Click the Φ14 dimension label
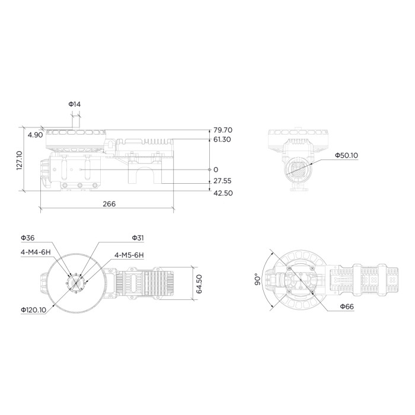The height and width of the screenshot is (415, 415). [74, 104]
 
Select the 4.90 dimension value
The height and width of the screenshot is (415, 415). [35, 135]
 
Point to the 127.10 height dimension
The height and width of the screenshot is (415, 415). [20, 161]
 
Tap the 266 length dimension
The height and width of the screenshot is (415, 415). [109, 204]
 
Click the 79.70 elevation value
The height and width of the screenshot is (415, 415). [223, 130]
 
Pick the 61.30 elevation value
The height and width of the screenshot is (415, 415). [222, 139]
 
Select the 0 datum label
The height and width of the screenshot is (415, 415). [216, 170]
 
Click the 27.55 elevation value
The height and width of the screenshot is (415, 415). [222, 181]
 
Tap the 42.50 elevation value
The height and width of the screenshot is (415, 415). [223, 193]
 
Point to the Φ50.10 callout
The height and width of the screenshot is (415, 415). [346, 155]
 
